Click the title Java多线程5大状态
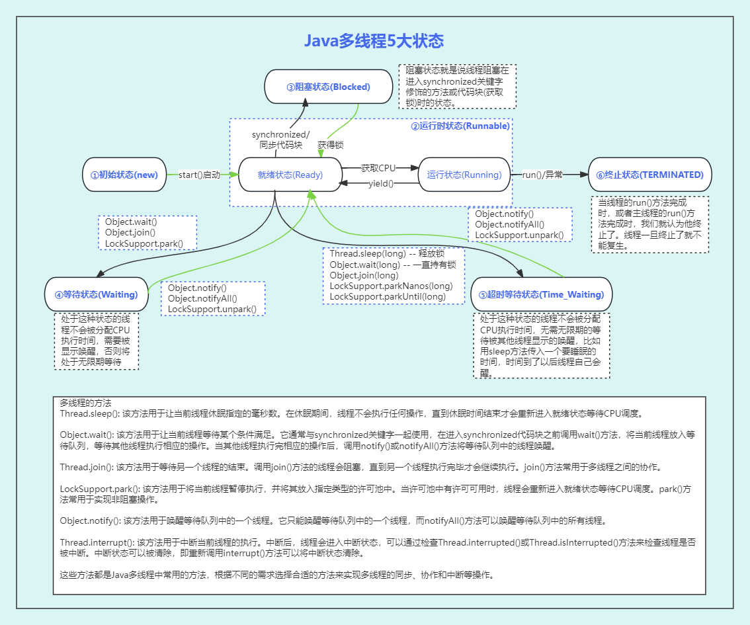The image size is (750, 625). click(x=374, y=41)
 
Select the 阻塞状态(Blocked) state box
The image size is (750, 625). click(x=328, y=87)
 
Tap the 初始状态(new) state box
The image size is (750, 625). click(x=124, y=175)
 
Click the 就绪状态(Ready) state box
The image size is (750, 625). click(x=290, y=175)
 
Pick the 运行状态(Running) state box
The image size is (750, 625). click(x=464, y=175)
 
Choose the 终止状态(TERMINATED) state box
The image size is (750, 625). click(x=649, y=175)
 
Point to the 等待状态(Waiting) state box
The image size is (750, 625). click(x=96, y=294)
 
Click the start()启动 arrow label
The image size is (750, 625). click(x=199, y=175)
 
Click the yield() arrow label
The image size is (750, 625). click(x=380, y=183)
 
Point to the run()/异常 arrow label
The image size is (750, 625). click(x=542, y=175)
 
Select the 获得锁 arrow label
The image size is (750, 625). click(x=330, y=144)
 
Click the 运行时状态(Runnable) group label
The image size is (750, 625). click(x=460, y=126)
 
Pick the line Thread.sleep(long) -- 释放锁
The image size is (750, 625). click(x=386, y=253)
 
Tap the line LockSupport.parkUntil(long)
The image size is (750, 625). click(x=388, y=296)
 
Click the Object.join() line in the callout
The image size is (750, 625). click(x=130, y=233)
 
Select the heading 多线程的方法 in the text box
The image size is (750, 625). click(x=86, y=402)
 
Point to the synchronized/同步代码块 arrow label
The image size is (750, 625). click(x=280, y=140)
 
